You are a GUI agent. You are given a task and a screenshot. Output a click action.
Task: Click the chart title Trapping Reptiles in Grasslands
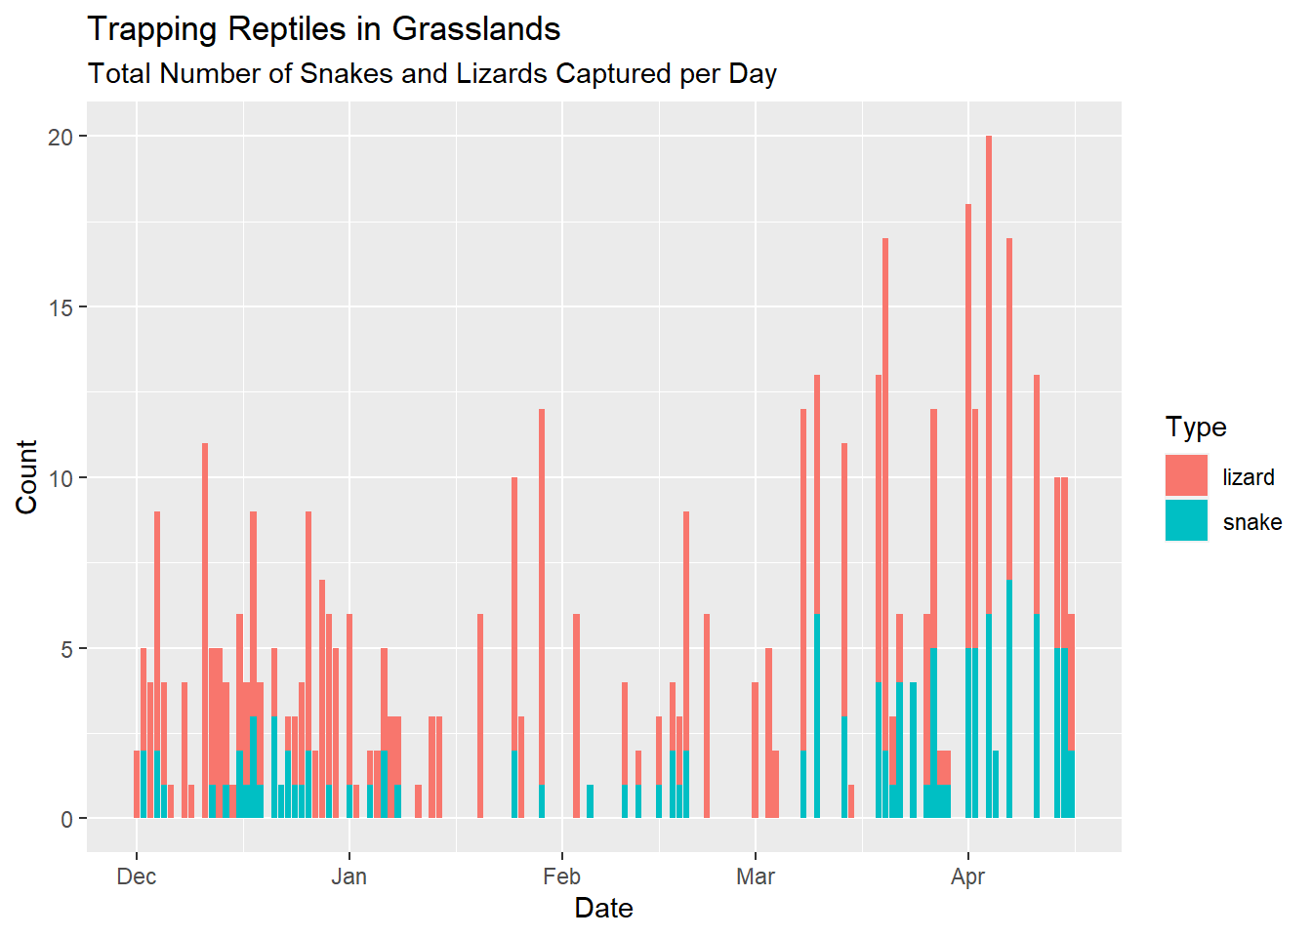coord(323,29)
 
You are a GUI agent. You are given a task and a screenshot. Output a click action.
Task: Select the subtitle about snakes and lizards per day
coord(431,74)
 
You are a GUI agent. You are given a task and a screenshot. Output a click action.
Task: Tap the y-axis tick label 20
coord(61,137)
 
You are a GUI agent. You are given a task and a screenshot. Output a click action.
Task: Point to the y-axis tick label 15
coord(61,307)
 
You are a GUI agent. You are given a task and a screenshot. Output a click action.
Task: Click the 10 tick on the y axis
coord(61,478)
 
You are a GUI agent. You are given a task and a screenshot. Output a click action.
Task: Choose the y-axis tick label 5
coord(66,649)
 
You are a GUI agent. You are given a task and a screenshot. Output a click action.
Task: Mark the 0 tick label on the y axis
coord(66,820)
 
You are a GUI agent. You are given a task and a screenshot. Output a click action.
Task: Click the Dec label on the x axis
coord(136,876)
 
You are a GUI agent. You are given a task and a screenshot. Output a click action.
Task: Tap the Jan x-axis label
coord(348,876)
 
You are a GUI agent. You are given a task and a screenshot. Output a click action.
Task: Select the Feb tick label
coord(561,876)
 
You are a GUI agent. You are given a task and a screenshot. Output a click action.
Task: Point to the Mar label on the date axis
coord(756,876)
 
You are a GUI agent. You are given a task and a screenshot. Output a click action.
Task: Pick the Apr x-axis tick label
coord(967,876)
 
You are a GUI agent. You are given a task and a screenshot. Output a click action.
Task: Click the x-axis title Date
coord(603,909)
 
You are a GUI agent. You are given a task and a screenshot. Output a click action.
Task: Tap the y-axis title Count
coord(26,476)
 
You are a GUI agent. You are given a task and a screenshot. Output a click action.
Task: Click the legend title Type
coord(1195,428)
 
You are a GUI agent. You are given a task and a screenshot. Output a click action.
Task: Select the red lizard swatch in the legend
coord(1186,475)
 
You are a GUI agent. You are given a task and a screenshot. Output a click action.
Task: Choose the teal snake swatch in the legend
coord(1186,520)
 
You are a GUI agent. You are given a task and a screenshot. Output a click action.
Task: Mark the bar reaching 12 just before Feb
coord(542,586)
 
